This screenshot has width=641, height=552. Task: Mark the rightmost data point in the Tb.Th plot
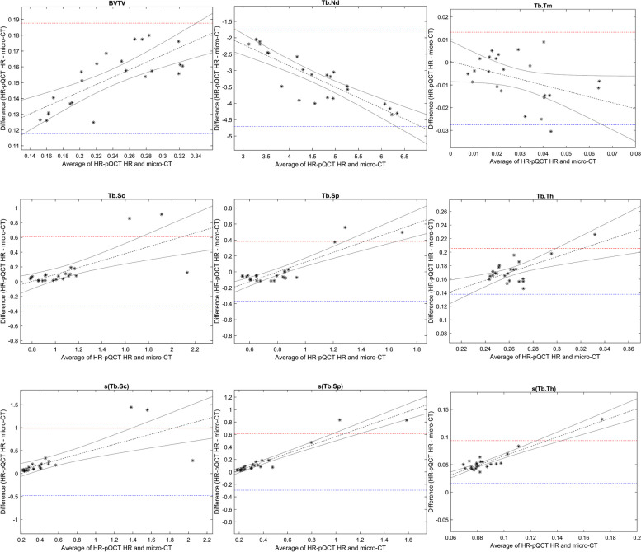click(594, 235)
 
